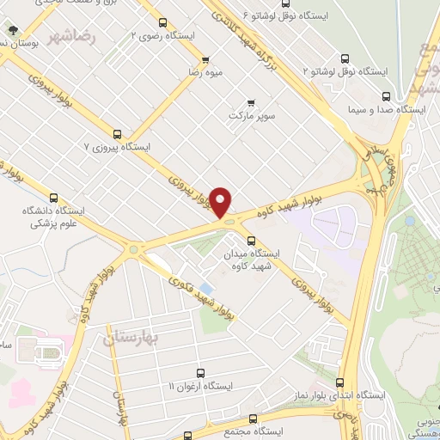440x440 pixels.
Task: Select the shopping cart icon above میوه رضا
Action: [205, 60]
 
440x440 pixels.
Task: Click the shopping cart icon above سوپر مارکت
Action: [251, 102]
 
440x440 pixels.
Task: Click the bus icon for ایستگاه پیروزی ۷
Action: [117, 134]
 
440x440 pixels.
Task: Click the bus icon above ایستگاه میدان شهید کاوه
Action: [251, 241]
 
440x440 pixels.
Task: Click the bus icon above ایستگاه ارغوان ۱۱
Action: [200, 373]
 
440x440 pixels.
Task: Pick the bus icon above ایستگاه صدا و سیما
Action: [384, 97]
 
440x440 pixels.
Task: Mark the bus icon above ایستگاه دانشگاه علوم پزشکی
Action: [54, 198]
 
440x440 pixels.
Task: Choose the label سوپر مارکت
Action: [250, 114]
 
